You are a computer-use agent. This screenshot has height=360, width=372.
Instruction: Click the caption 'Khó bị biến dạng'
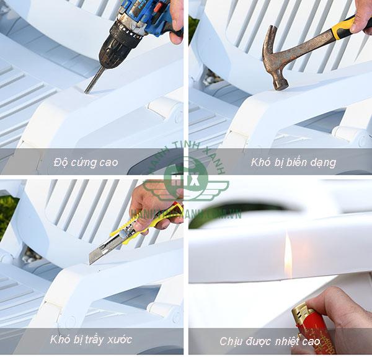tap(293, 163)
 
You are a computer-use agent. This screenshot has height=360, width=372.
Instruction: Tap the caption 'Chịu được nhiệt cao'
tap(270, 341)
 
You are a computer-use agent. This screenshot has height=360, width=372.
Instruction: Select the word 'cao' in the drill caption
tap(107, 163)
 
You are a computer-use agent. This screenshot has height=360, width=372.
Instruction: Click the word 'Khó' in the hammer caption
tap(260, 163)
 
